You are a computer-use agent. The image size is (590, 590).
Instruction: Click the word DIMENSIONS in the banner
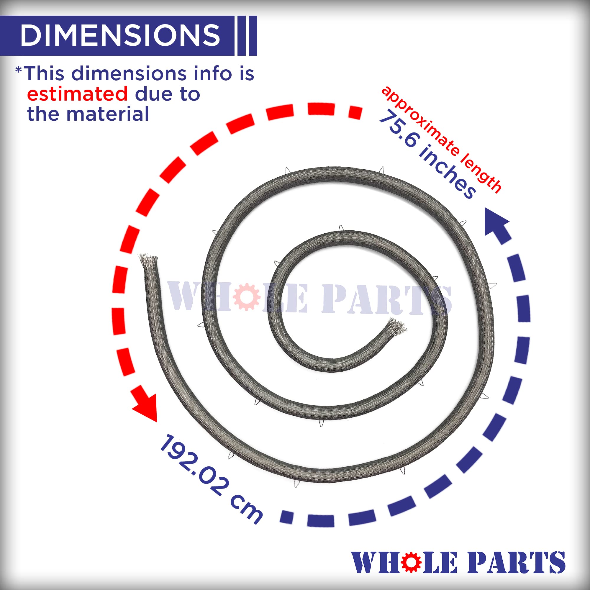point(120,35)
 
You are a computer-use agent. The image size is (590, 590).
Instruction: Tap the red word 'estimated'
point(77,94)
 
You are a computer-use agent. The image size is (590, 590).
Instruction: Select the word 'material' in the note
point(107,114)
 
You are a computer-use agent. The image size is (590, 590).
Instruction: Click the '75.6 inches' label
point(427,155)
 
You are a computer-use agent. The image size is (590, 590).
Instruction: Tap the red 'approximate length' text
point(442,139)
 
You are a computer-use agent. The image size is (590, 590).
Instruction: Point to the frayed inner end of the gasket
point(396,326)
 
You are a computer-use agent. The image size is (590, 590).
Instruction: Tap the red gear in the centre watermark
point(246,297)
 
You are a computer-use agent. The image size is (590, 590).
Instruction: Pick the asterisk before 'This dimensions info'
point(19,71)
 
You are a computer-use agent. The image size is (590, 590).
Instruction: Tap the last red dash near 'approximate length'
point(355,112)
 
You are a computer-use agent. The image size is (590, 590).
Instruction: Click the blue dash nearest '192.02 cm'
point(286,517)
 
